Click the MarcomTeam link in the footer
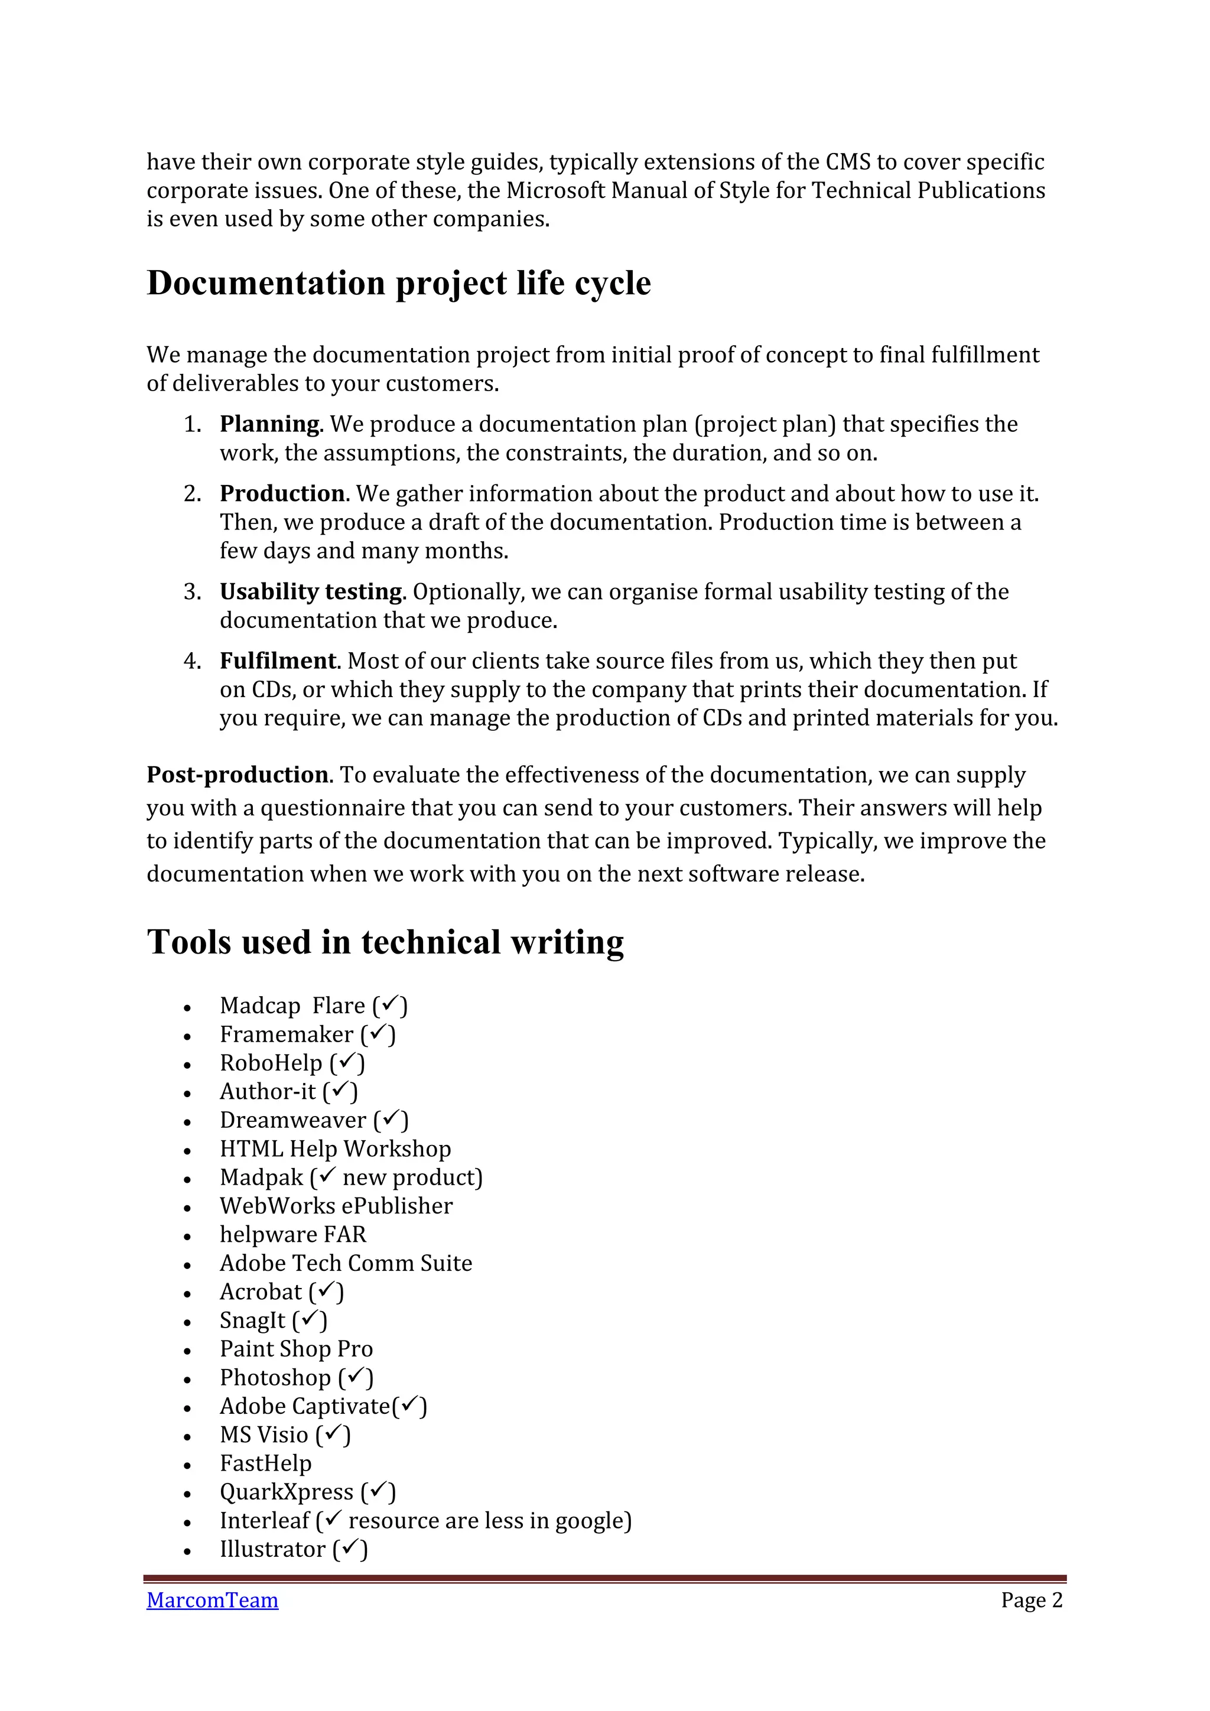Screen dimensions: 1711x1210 (212, 1600)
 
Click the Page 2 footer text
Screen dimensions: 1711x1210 (1031, 1600)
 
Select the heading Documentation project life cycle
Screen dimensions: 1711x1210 (399, 283)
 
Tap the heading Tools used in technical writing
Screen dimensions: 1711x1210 (385, 942)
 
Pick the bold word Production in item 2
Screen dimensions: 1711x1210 (282, 493)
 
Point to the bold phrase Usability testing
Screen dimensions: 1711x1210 (311, 591)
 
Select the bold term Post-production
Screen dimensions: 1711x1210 (237, 775)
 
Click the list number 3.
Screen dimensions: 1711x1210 (192, 591)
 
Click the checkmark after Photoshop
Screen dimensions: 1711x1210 (356, 1375)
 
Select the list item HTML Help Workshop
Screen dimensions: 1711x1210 (335, 1149)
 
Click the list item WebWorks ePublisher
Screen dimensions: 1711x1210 (336, 1206)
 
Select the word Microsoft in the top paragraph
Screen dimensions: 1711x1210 (555, 191)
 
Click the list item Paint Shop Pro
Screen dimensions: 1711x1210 (296, 1349)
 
